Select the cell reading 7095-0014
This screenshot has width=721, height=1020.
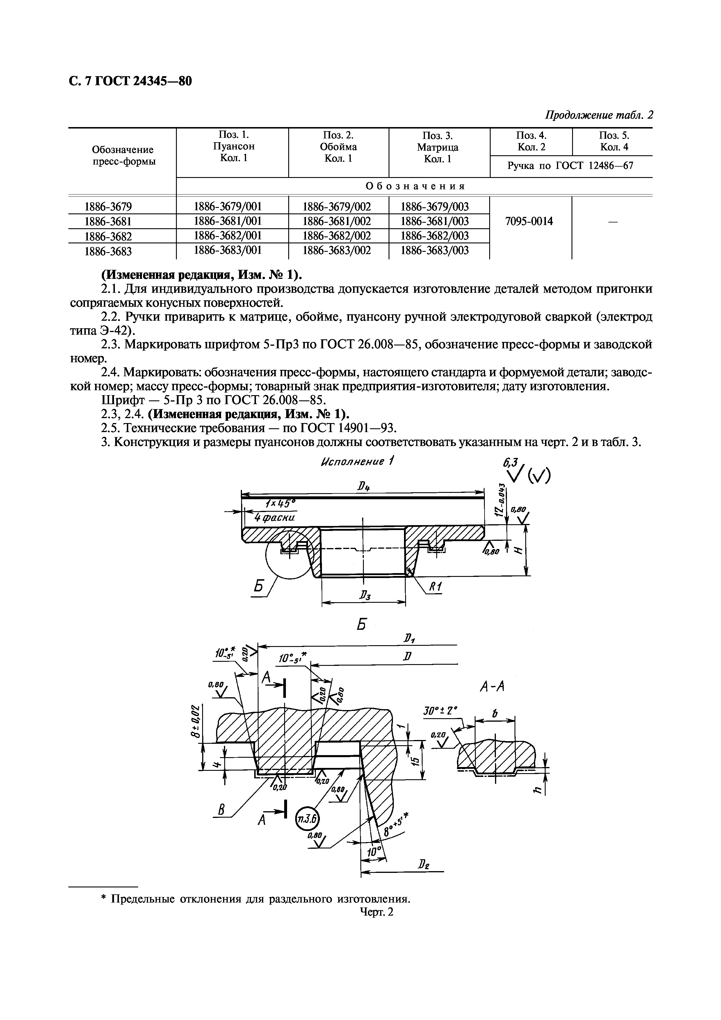point(529,221)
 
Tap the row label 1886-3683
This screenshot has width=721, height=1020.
point(108,252)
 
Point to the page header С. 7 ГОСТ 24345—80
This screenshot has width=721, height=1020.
point(131,81)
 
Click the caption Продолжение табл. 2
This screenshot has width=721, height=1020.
point(599,115)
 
